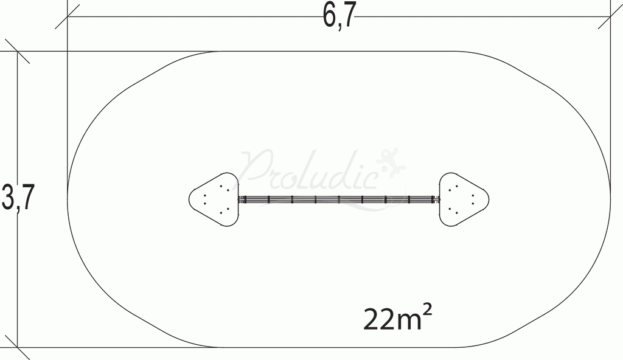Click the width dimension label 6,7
337,16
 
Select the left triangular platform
215,199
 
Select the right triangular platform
463,199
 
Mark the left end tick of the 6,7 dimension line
67,16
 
